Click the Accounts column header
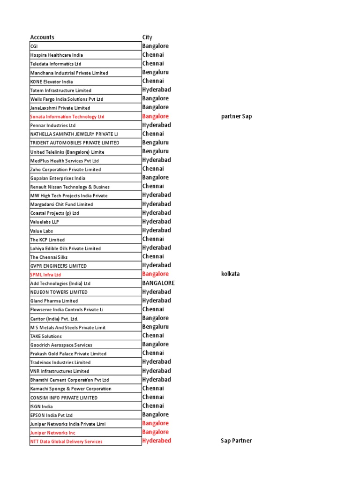tap(42, 37)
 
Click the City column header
tap(147, 37)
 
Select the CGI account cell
tap(34, 46)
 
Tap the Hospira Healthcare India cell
tap(56, 55)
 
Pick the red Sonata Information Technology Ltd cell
tap(67, 117)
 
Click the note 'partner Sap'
tap(236, 116)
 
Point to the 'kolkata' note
tap(230, 274)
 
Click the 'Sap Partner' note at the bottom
tap(236, 441)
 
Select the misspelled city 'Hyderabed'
tap(157, 441)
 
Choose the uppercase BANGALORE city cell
tap(158, 283)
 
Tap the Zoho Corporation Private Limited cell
tap(65, 169)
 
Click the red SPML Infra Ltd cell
tap(45, 275)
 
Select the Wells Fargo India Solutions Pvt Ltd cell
tap(67, 99)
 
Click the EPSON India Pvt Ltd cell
tap(51, 415)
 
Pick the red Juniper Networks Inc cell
tap(52, 433)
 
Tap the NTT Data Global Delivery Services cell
tap(66, 442)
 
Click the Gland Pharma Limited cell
tap(54, 301)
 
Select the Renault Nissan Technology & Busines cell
tap(70, 187)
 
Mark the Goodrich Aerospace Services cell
tap(61, 345)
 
